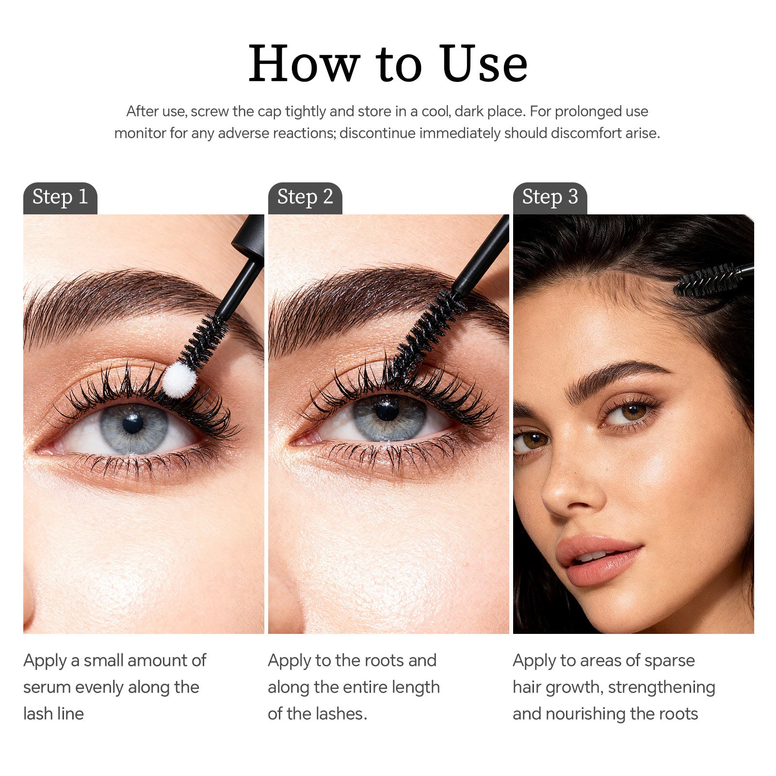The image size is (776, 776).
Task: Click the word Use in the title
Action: [484, 64]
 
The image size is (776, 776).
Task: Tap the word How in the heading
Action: [304, 64]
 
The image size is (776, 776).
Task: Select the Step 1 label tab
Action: [60, 197]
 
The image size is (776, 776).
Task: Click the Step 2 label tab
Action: [305, 197]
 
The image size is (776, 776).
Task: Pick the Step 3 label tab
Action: [550, 197]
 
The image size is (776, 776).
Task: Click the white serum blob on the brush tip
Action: [179, 380]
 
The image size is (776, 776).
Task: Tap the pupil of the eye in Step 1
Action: [132, 423]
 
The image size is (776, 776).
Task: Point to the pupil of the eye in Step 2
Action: [387, 410]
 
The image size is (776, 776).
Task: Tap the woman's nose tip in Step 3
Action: [558, 500]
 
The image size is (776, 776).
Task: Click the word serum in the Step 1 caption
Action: [47, 687]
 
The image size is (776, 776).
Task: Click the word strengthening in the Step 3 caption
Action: [661, 687]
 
